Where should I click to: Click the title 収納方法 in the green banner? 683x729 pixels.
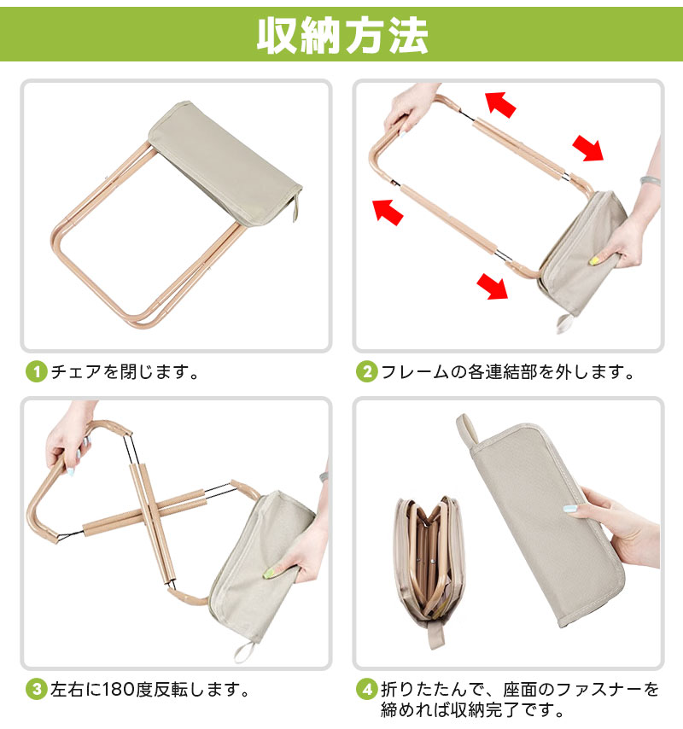[x=342, y=36]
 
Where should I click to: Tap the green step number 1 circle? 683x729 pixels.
[x=36, y=372]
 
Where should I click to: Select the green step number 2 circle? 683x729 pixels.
[x=366, y=372]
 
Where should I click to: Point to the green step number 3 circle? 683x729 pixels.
[x=36, y=690]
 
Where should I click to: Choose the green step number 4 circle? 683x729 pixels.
[x=366, y=690]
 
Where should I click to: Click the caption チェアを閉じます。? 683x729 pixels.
[x=126, y=372]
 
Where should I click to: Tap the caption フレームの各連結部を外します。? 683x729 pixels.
[x=508, y=372]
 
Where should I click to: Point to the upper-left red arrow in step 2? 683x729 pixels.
[x=500, y=104]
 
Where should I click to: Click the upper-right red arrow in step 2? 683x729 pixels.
[x=587, y=149]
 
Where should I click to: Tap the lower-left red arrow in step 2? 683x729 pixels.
[x=388, y=212]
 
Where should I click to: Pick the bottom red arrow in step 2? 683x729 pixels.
[x=493, y=286]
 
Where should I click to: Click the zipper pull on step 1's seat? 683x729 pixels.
[x=295, y=209]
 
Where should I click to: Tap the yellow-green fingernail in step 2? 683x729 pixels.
[x=593, y=261]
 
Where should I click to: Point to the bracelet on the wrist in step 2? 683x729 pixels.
[x=650, y=181]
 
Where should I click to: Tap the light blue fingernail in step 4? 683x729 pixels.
[x=569, y=509]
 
